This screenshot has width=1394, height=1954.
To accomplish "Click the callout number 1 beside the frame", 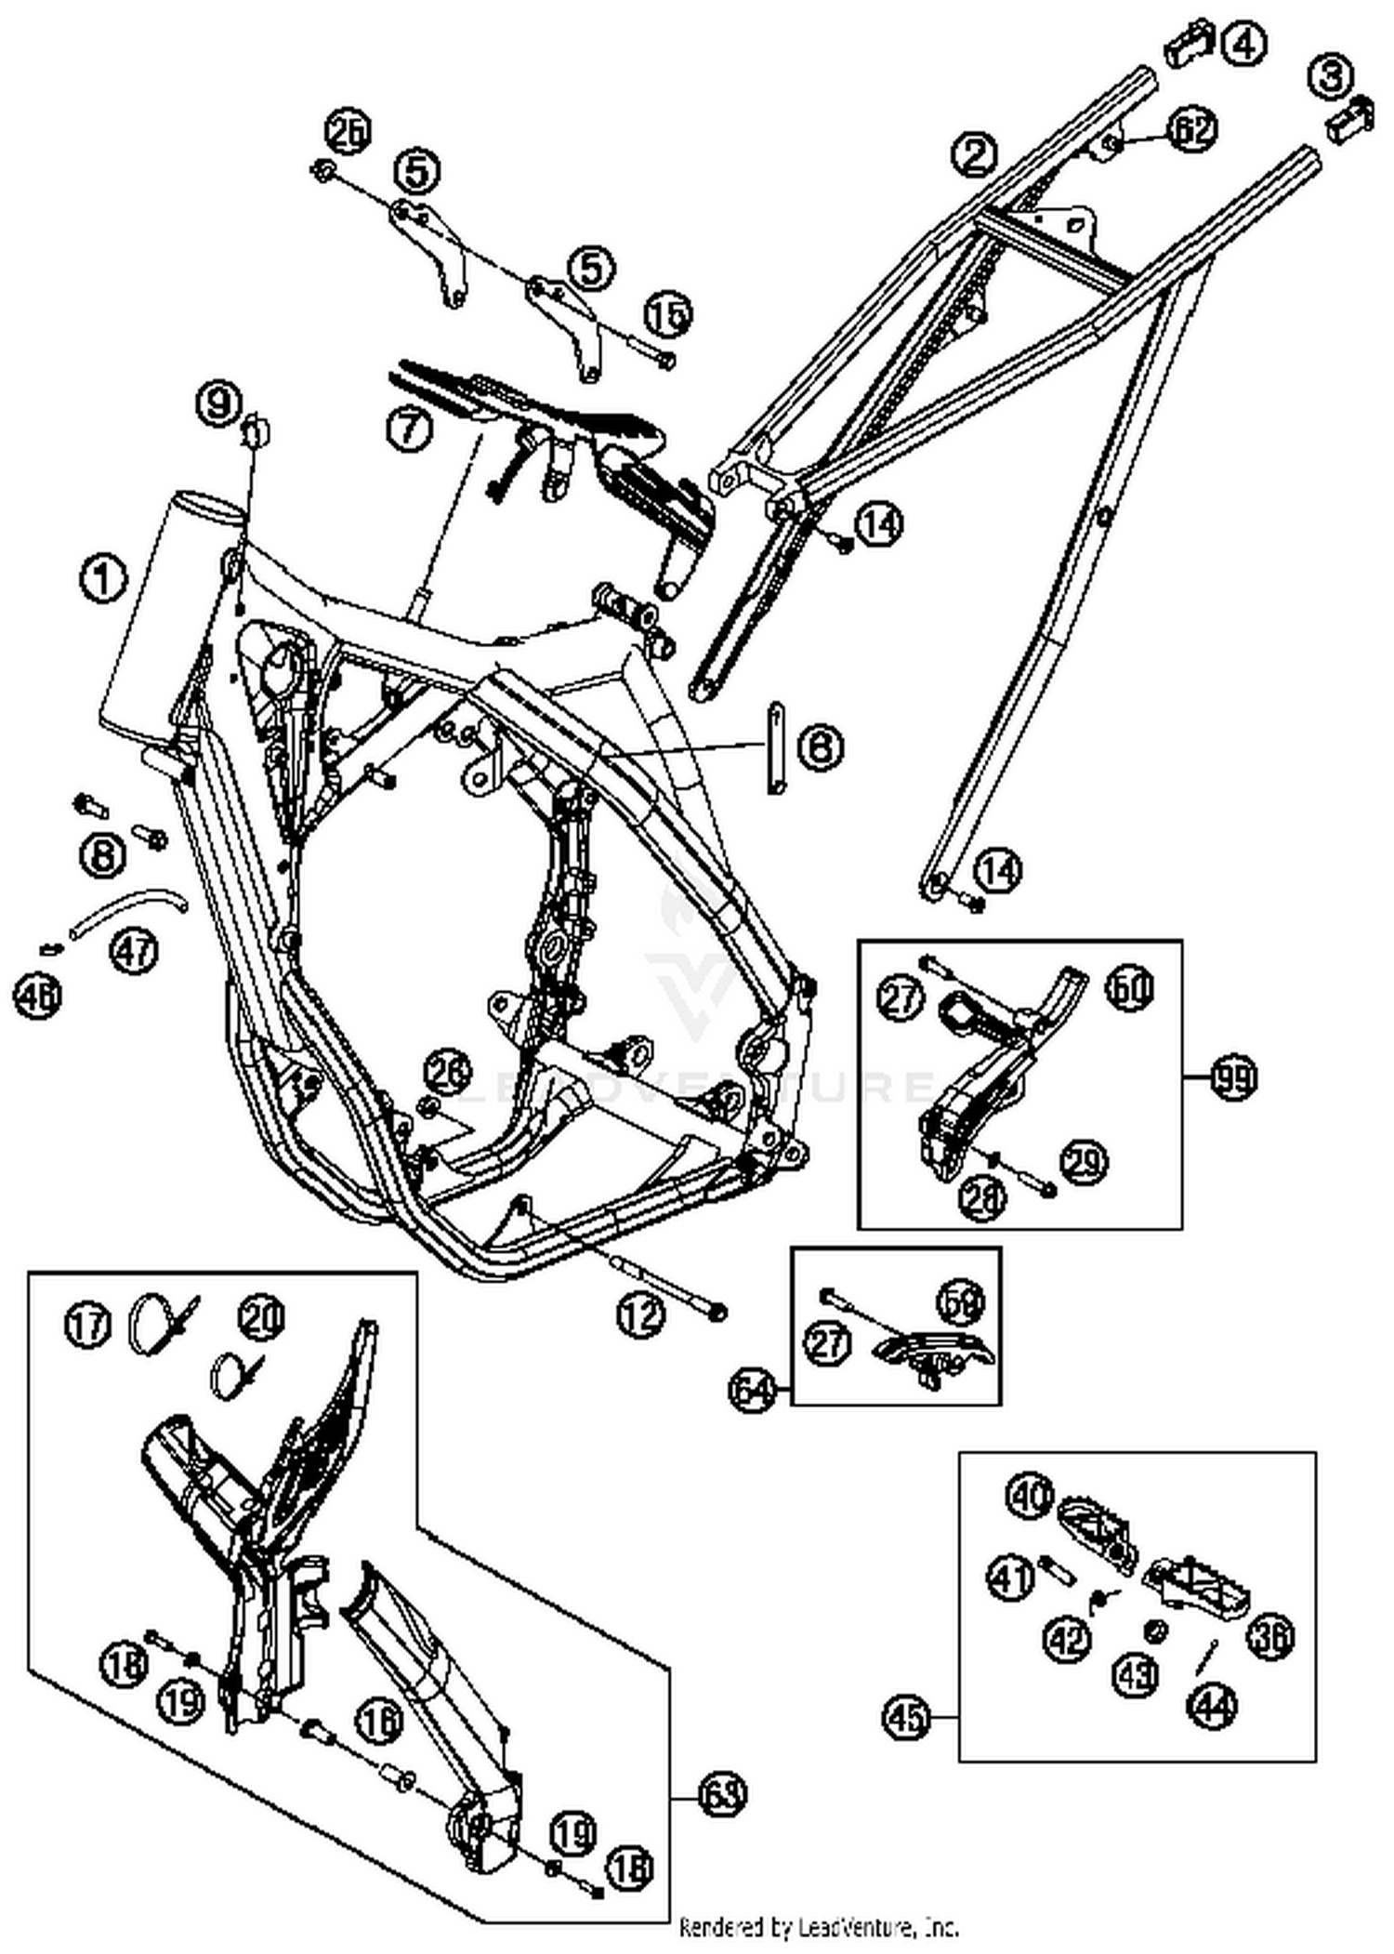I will tap(103, 580).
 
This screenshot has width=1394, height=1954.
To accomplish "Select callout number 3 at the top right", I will tap(1330, 76).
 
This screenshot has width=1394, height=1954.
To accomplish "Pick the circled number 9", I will tap(218, 403).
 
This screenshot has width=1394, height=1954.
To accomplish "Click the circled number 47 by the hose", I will tap(136, 951).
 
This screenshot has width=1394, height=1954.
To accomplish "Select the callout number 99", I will tap(1233, 1079).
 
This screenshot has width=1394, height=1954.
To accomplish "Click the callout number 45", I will tap(907, 1716).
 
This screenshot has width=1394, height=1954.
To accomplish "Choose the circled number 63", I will tap(721, 1795).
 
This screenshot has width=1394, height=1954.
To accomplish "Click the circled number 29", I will tap(1085, 1162).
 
